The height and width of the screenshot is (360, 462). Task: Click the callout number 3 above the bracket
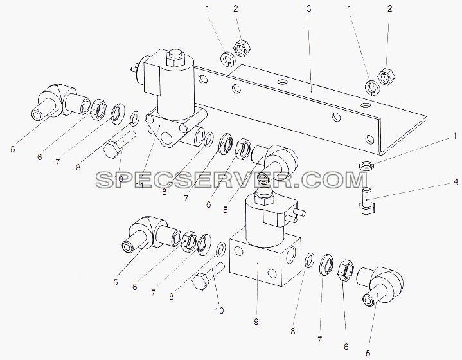point(309,9)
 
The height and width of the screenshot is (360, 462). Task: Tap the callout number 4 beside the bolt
point(456,182)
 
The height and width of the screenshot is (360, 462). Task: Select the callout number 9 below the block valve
point(256,321)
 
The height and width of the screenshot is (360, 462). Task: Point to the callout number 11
point(139,185)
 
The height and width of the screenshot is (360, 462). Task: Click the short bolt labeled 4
point(367,201)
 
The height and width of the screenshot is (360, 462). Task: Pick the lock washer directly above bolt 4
point(367,165)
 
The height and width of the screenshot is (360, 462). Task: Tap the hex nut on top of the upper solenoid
point(175,58)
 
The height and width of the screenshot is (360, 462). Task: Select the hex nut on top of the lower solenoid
point(264,196)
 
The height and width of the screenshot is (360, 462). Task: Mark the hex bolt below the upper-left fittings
point(119,145)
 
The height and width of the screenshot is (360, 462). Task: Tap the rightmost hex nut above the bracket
point(386,77)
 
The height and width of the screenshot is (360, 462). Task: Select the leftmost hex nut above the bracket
point(242,48)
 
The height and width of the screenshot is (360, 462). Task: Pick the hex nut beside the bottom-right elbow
point(345,270)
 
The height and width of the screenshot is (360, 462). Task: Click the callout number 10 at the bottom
point(219,310)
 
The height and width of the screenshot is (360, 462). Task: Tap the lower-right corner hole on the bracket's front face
point(369,139)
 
